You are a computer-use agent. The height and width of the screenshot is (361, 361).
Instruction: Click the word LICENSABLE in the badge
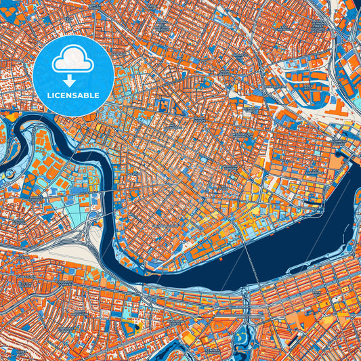point(72,95)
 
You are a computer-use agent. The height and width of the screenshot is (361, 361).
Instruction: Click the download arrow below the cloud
point(72,80)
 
